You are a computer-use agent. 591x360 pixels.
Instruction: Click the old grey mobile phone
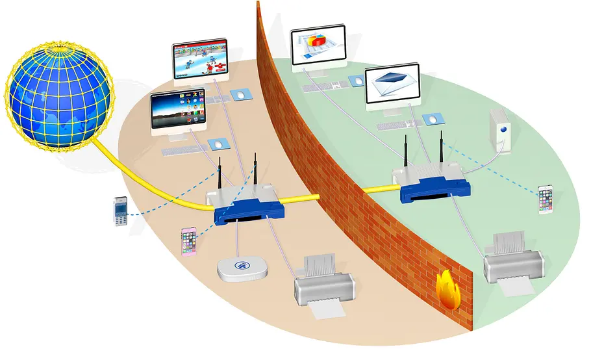119,211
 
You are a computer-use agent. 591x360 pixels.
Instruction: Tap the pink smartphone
188,242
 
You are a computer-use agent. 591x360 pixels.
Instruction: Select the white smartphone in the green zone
546,199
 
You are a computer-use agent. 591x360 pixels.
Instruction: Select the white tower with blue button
502,130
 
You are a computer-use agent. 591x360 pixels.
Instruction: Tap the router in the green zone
431,183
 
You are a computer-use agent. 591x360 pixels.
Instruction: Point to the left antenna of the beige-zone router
220,174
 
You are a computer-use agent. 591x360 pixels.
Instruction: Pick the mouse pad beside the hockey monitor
240,94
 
